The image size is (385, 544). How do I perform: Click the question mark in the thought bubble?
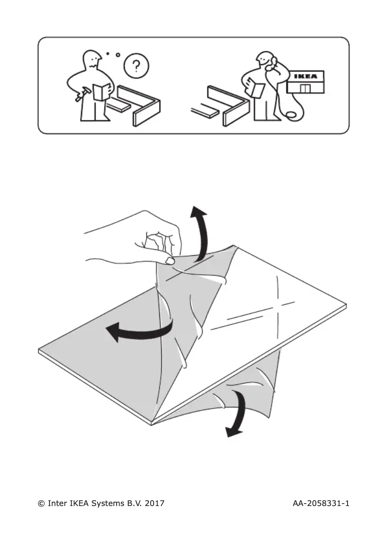point(136,65)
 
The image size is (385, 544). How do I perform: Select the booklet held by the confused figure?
point(102,91)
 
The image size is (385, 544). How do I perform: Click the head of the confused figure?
point(93,61)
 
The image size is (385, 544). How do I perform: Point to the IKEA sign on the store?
point(305,76)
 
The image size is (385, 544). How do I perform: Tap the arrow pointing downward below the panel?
point(237,413)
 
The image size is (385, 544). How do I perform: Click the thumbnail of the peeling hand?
point(168,260)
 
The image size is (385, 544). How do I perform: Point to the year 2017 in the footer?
point(154,504)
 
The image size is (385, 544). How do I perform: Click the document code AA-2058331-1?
point(320,504)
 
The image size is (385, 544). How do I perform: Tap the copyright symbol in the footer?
point(41,504)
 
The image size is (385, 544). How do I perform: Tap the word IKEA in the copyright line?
point(78,504)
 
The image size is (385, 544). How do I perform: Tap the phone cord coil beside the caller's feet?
point(290,115)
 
